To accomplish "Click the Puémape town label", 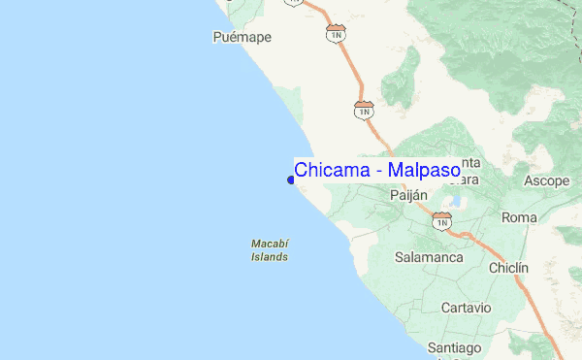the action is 242,38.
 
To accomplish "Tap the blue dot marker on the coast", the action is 291,180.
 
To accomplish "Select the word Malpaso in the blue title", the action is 424,170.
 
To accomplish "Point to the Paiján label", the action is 408,195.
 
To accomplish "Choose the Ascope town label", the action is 546,181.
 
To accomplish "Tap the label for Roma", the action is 519,218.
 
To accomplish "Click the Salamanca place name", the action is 430,258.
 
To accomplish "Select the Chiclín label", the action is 509,268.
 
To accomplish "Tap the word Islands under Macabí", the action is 269,257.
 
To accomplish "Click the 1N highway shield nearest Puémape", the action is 337,34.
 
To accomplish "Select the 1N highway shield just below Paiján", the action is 442,221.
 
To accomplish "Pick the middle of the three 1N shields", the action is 364,110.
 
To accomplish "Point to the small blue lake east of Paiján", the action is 455,203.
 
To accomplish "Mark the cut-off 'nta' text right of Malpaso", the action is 470,162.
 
